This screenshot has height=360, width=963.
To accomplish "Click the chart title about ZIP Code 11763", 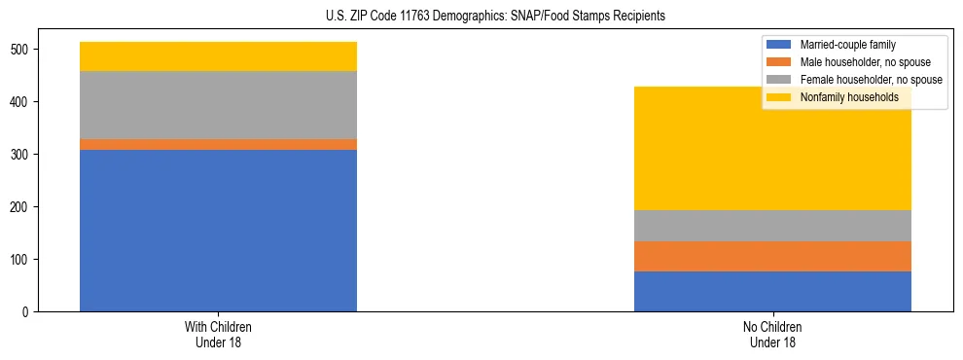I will click(x=481, y=17).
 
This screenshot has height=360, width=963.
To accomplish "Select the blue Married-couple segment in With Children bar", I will click(x=218, y=231).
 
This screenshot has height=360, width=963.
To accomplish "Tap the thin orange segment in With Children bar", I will click(x=218, y=144).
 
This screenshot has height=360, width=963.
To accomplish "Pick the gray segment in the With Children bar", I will click(x=218, y=105).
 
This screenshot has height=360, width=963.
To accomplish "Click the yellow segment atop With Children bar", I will click(x=218, y=56).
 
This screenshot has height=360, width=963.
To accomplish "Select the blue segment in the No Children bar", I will click(x=772, y=291).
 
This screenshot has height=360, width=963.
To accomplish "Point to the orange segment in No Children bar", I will click(x=772, y=256).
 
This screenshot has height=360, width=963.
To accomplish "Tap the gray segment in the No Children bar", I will click(x=772, y=226).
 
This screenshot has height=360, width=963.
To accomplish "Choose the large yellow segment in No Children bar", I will click(x=772, y=149).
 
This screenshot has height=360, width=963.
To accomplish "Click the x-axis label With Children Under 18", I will click(x=218, y=334).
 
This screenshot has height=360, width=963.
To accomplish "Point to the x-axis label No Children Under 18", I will click(x=772, y=334).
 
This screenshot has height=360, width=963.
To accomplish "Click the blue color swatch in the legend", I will click(x=779, y=45).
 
